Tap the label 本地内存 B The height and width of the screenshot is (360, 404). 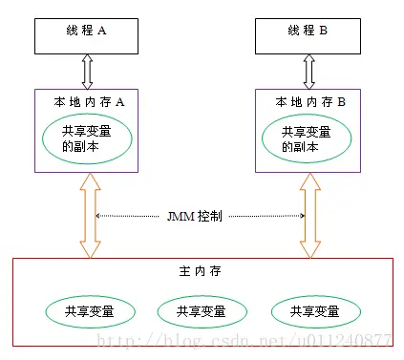309,99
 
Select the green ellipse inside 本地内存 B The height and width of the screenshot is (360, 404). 308,140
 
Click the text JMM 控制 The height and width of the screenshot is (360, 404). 199,216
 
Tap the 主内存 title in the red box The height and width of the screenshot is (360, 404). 199,272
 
